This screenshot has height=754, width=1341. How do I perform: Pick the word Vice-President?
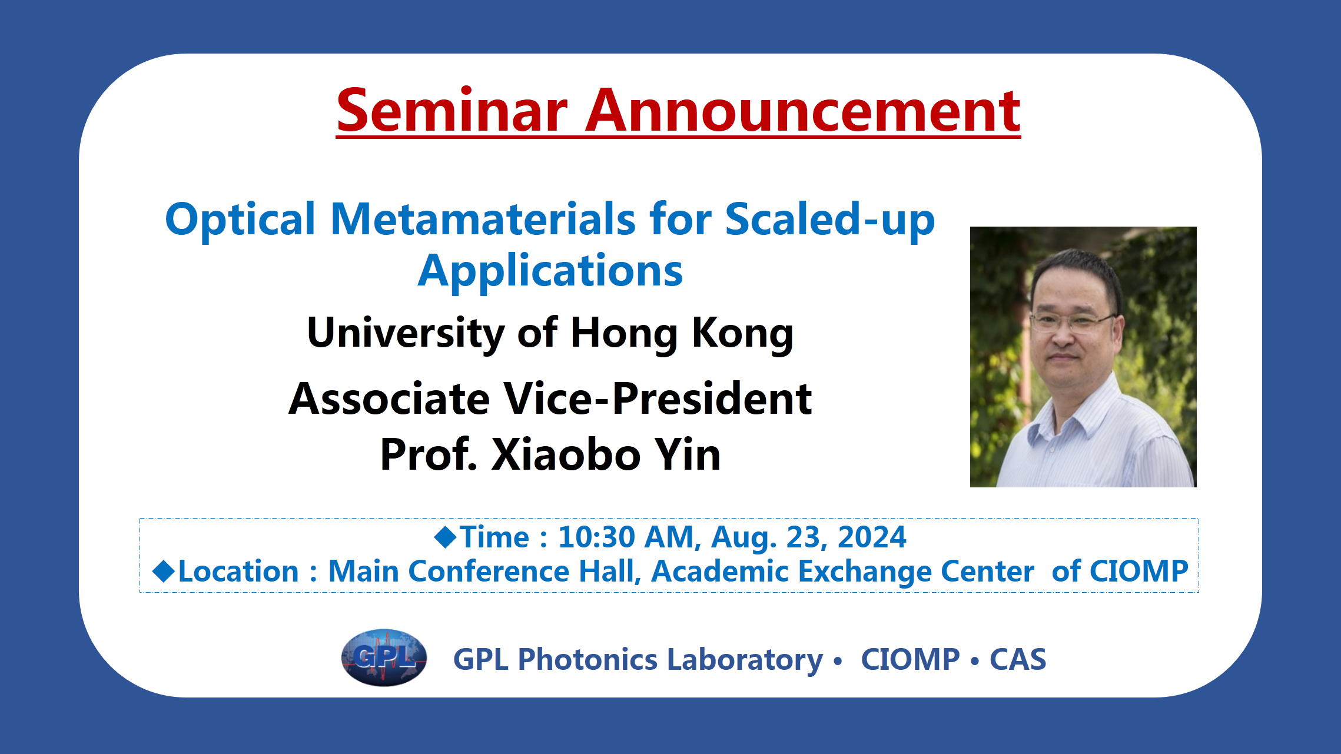(x=658, y=398)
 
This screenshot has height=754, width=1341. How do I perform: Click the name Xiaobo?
(x=566, y=454)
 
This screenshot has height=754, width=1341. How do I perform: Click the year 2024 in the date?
(x=872, y=537)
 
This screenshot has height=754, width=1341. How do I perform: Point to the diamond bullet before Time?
(x=446, y=536)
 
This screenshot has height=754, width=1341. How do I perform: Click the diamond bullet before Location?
(x=164, y=571)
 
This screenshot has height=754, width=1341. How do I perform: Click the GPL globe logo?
(x=384, y=657)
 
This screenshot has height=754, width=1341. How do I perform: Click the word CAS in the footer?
(x=1018, y=659)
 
